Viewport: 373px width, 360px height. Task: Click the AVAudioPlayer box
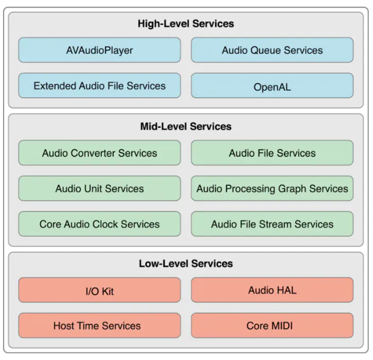pos(99,50)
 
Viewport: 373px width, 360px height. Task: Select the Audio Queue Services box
pos(272,50)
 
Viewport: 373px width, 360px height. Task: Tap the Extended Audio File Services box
pos(99,86)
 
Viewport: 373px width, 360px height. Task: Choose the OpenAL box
pos(272,86)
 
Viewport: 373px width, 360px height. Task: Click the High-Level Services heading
pos(186,24)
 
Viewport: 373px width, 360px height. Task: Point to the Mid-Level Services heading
pos(186,127)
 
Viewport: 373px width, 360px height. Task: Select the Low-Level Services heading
pos(186,264)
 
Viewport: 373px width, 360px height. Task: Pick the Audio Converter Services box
pos(99,153)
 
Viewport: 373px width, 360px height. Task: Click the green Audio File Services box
pos(272,153)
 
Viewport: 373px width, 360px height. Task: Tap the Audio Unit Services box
pos(99,188)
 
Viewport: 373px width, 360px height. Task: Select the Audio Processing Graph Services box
pos(272,188)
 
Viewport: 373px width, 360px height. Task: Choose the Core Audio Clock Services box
pos(99,224)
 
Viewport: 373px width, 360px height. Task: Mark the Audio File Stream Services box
pos(272,224)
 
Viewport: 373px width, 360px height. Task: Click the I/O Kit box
pos(99,291)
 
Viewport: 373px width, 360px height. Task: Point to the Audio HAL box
pos(272,290)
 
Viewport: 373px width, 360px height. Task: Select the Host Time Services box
pos(99,326)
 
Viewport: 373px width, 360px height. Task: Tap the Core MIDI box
pos(272,326)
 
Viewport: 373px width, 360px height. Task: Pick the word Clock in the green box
pos(108,224)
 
